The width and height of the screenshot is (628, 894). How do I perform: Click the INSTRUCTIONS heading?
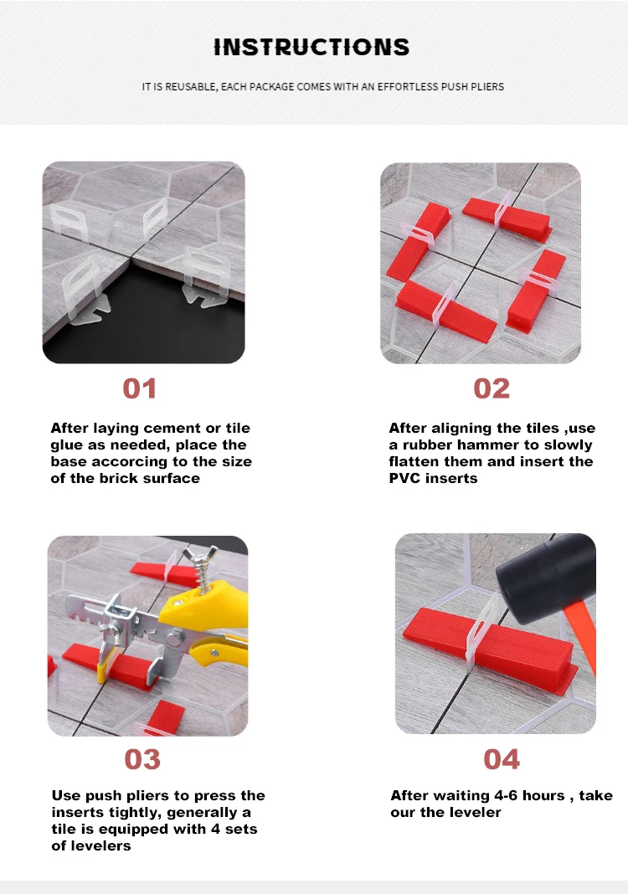pos(311,47)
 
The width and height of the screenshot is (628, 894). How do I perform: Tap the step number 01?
pos(140,388)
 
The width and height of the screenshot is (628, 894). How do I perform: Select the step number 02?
pos(492,388)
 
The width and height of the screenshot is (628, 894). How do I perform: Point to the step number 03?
pos(142,759)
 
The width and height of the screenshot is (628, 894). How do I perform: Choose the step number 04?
pos(502,759)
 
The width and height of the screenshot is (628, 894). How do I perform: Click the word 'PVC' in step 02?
pos(404,479)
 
